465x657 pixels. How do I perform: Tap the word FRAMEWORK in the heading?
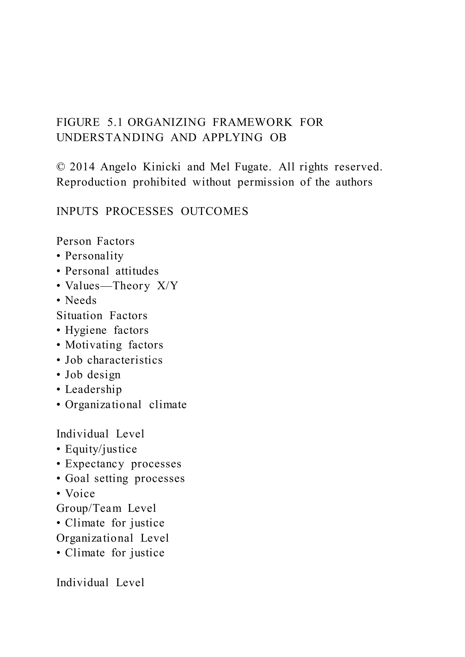(x=252, y=123)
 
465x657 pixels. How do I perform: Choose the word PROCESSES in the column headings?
(x=139, y=211)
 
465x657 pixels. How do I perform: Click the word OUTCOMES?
(x=215, y=211)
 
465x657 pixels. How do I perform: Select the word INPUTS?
(x=77, y=211)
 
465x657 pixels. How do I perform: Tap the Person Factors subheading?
(x=95, y=241)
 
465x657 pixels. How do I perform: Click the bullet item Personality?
(x=94, y=256)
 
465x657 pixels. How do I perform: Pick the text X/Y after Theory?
(x=168, y=286)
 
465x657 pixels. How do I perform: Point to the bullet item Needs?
(x=81, y=300)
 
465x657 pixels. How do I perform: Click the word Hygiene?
(x=86, y=331)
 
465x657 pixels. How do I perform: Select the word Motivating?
(x=94, y=345)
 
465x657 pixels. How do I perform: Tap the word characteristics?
(x=125, y=360)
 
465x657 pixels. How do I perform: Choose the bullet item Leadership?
(x=93, y=390)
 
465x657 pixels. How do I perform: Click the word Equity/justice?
(x=101, y=449)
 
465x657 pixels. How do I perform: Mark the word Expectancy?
(x=94, y=464)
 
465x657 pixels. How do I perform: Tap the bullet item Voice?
(x=80, y=494)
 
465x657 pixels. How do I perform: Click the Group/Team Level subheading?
(x=106, y=508)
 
